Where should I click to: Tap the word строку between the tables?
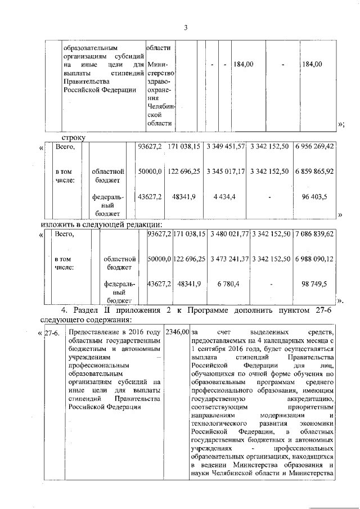pyautogui.click(x=73, y=136)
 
